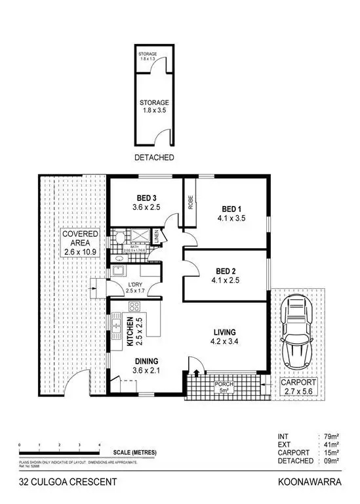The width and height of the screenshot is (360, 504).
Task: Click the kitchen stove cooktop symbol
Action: point(134,306)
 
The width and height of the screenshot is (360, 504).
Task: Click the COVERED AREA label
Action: point(81,238)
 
